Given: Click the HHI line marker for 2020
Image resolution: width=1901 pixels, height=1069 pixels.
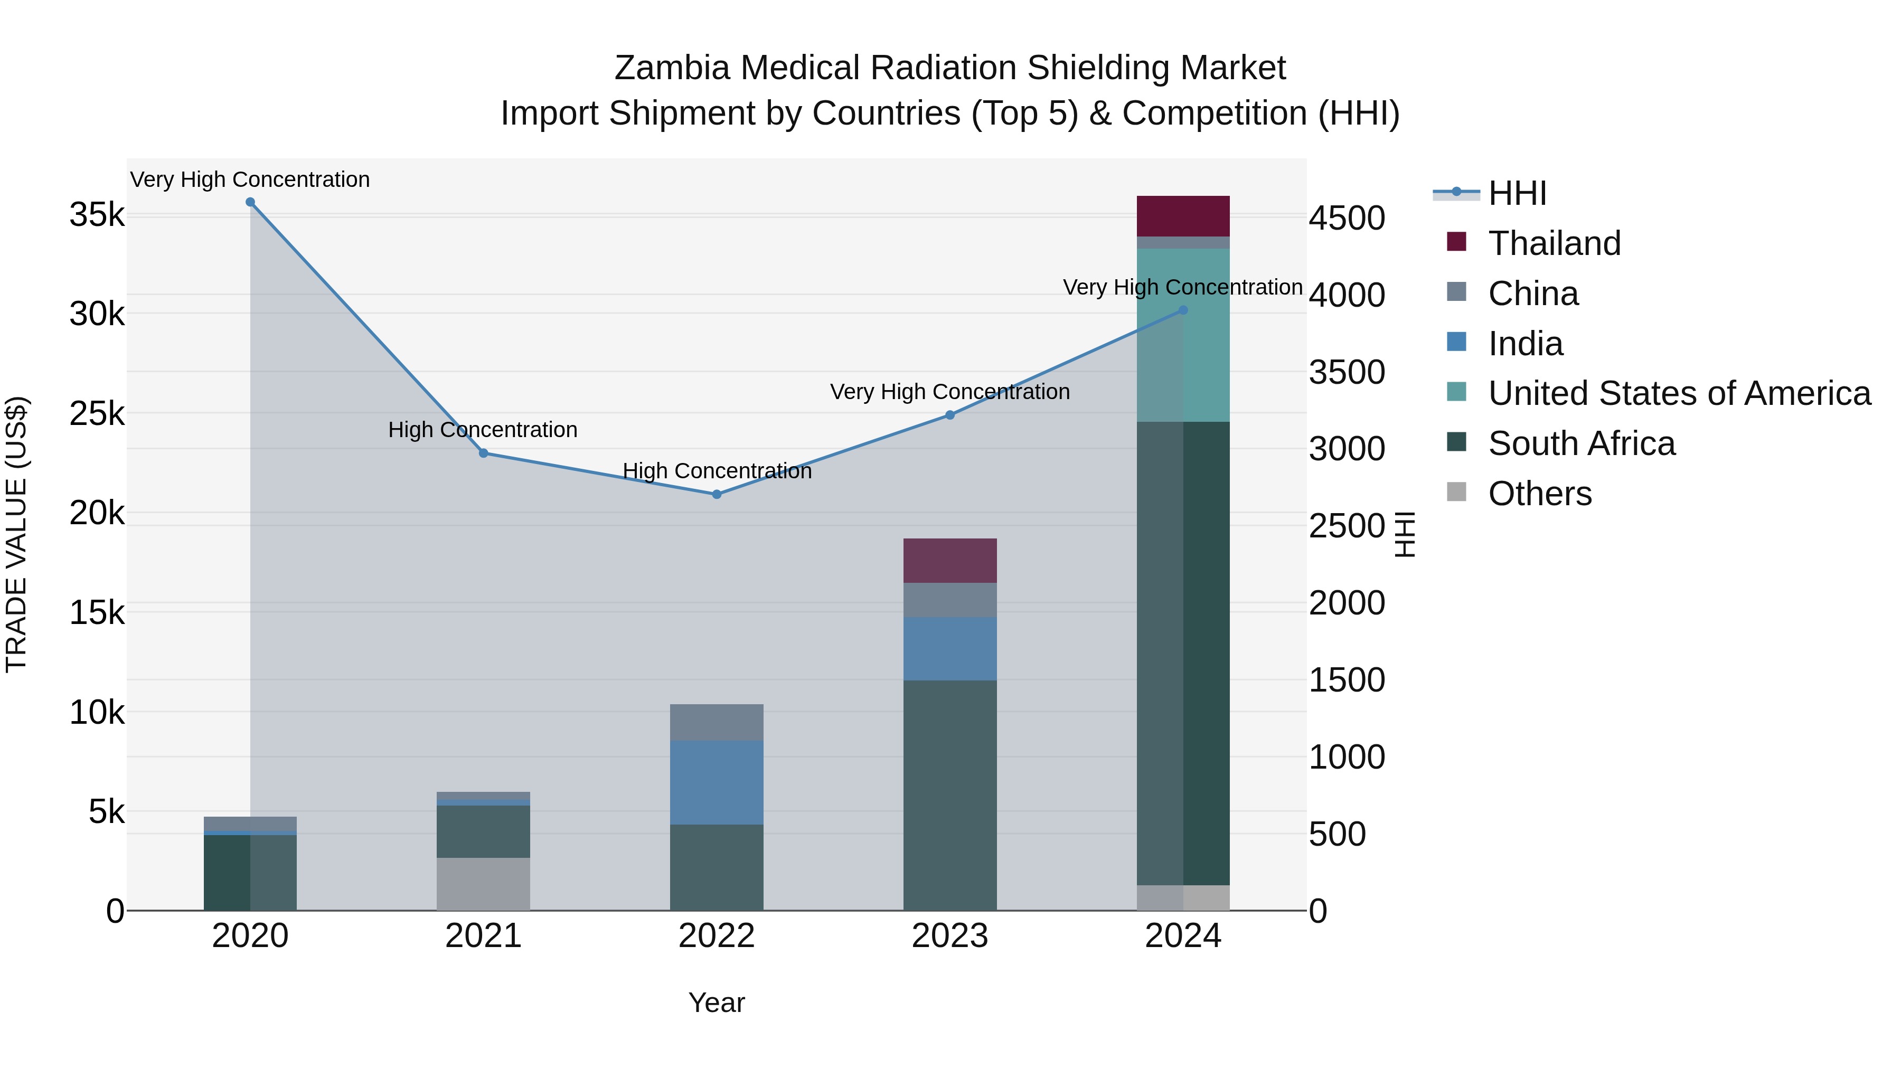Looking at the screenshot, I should (x=250, y=202).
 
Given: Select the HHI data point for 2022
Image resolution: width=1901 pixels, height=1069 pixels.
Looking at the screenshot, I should (x=717, y=494).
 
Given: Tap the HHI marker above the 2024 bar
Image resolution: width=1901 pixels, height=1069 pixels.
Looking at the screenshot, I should (x=1183, y=310).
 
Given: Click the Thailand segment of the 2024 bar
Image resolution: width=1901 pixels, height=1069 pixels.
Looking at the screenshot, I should (x=1183, y=216).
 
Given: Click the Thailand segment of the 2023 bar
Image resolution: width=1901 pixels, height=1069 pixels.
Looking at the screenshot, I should (x=950, y=561).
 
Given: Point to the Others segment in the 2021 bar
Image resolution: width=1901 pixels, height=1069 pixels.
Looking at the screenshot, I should (x=483, y=884).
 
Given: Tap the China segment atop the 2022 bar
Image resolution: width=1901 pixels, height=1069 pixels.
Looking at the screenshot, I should (x=717, y=722).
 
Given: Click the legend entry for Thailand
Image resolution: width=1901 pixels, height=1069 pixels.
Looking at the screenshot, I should (x=1554, y=243).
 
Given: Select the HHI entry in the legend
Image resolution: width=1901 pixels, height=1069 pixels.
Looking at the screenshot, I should (x=1517, y=193).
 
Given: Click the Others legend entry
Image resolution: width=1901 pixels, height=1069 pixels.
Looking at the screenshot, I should (x=1539, y=494).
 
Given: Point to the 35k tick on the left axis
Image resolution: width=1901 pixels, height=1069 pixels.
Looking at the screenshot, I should (x=97, y=215).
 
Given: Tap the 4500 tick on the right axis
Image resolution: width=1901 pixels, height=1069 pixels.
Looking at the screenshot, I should (x=1347, y=219).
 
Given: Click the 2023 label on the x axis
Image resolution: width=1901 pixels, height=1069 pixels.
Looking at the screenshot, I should (x=950, y=936).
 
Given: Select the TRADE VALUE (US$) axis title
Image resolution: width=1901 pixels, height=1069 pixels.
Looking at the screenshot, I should (x=17, y=534).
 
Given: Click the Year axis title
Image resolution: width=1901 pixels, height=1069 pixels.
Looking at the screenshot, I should (x=717, y=1002).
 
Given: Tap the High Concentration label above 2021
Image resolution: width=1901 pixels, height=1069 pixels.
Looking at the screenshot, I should (x=483, y=430).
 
